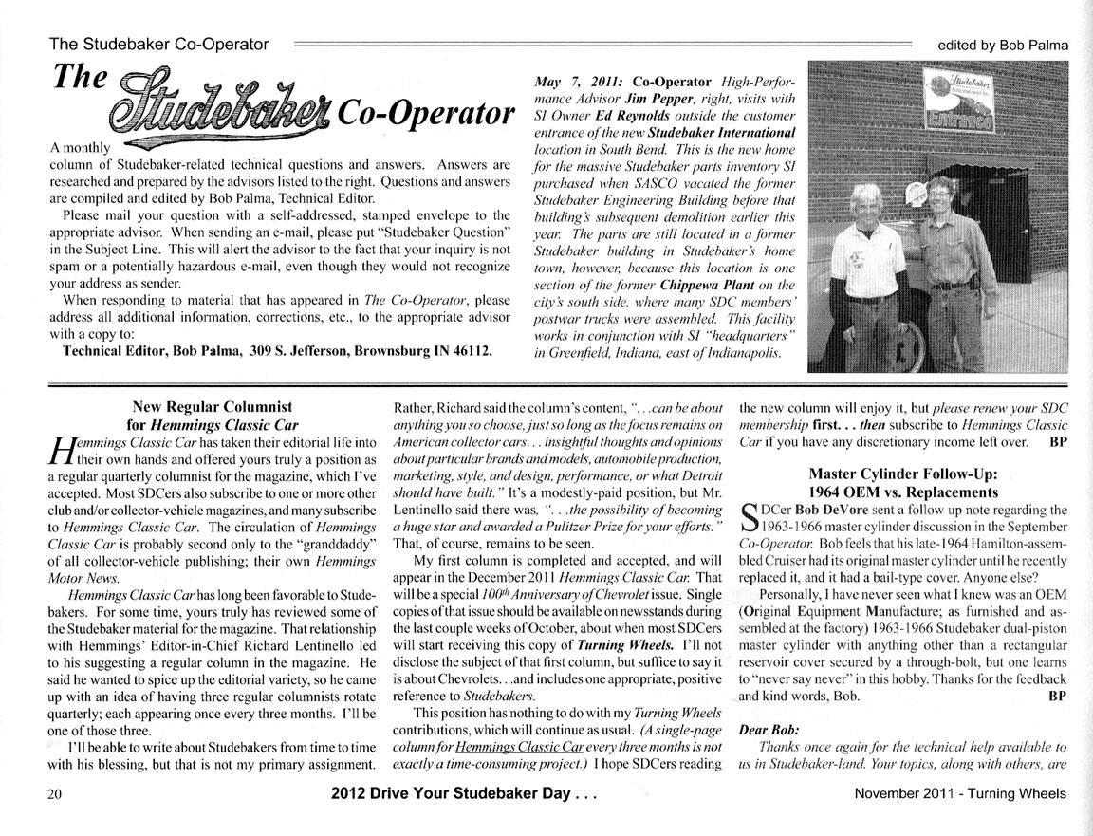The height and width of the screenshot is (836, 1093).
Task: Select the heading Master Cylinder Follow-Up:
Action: point(902,474)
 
